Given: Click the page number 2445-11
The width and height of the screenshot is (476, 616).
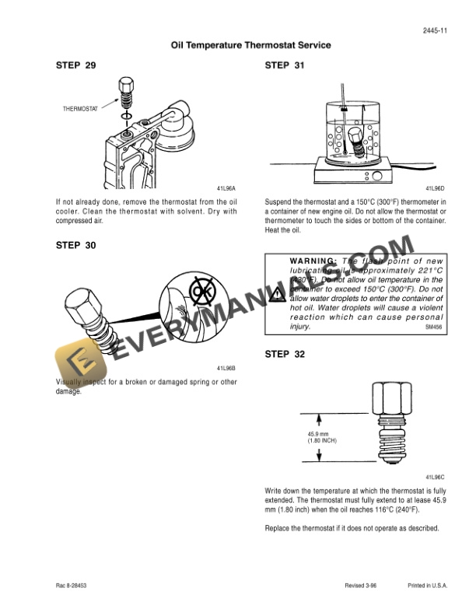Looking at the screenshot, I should (433, 31).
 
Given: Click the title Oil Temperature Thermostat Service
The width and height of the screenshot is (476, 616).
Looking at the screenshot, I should (250, 45).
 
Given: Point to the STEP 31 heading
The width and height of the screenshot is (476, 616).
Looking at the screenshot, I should (284, 65).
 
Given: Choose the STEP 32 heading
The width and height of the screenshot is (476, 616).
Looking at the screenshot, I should (284, 355).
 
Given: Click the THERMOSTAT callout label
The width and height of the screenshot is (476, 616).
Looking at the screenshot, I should (80, 109).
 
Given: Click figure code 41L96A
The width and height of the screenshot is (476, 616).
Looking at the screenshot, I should (226, 188).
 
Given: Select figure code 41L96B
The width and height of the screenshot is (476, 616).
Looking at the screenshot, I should (226, 367).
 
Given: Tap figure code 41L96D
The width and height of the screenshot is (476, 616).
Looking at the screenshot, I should (435, 188).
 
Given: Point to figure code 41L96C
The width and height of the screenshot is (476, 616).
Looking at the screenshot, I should (435, 476).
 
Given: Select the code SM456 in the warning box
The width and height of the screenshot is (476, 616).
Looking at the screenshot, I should (433, 328).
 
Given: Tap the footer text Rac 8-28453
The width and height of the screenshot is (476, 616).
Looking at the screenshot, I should (72, 585).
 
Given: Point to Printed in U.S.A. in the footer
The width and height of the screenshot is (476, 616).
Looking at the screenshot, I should (426, 585).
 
